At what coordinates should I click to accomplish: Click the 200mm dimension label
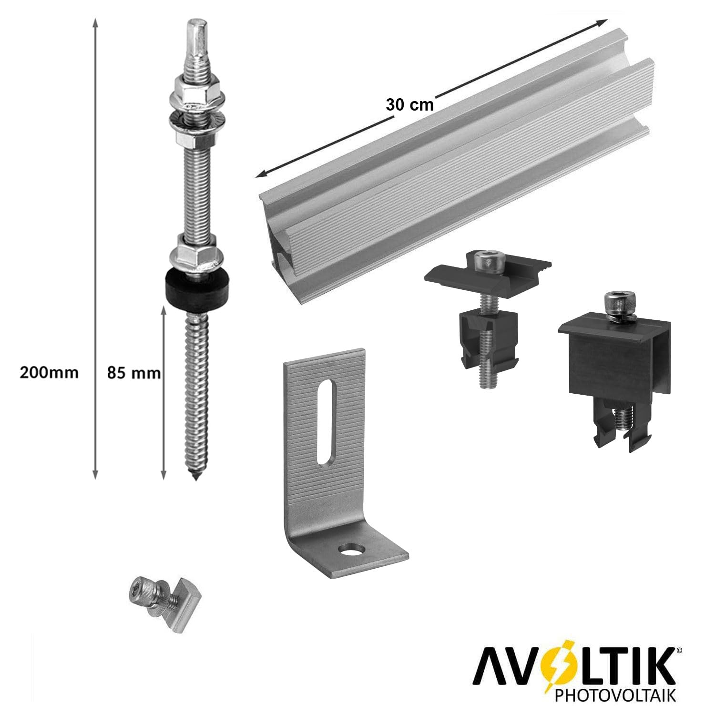pos(49,372)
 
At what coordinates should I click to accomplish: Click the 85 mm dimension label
pos(134,373)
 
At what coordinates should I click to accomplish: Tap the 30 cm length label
pos(409,105)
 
